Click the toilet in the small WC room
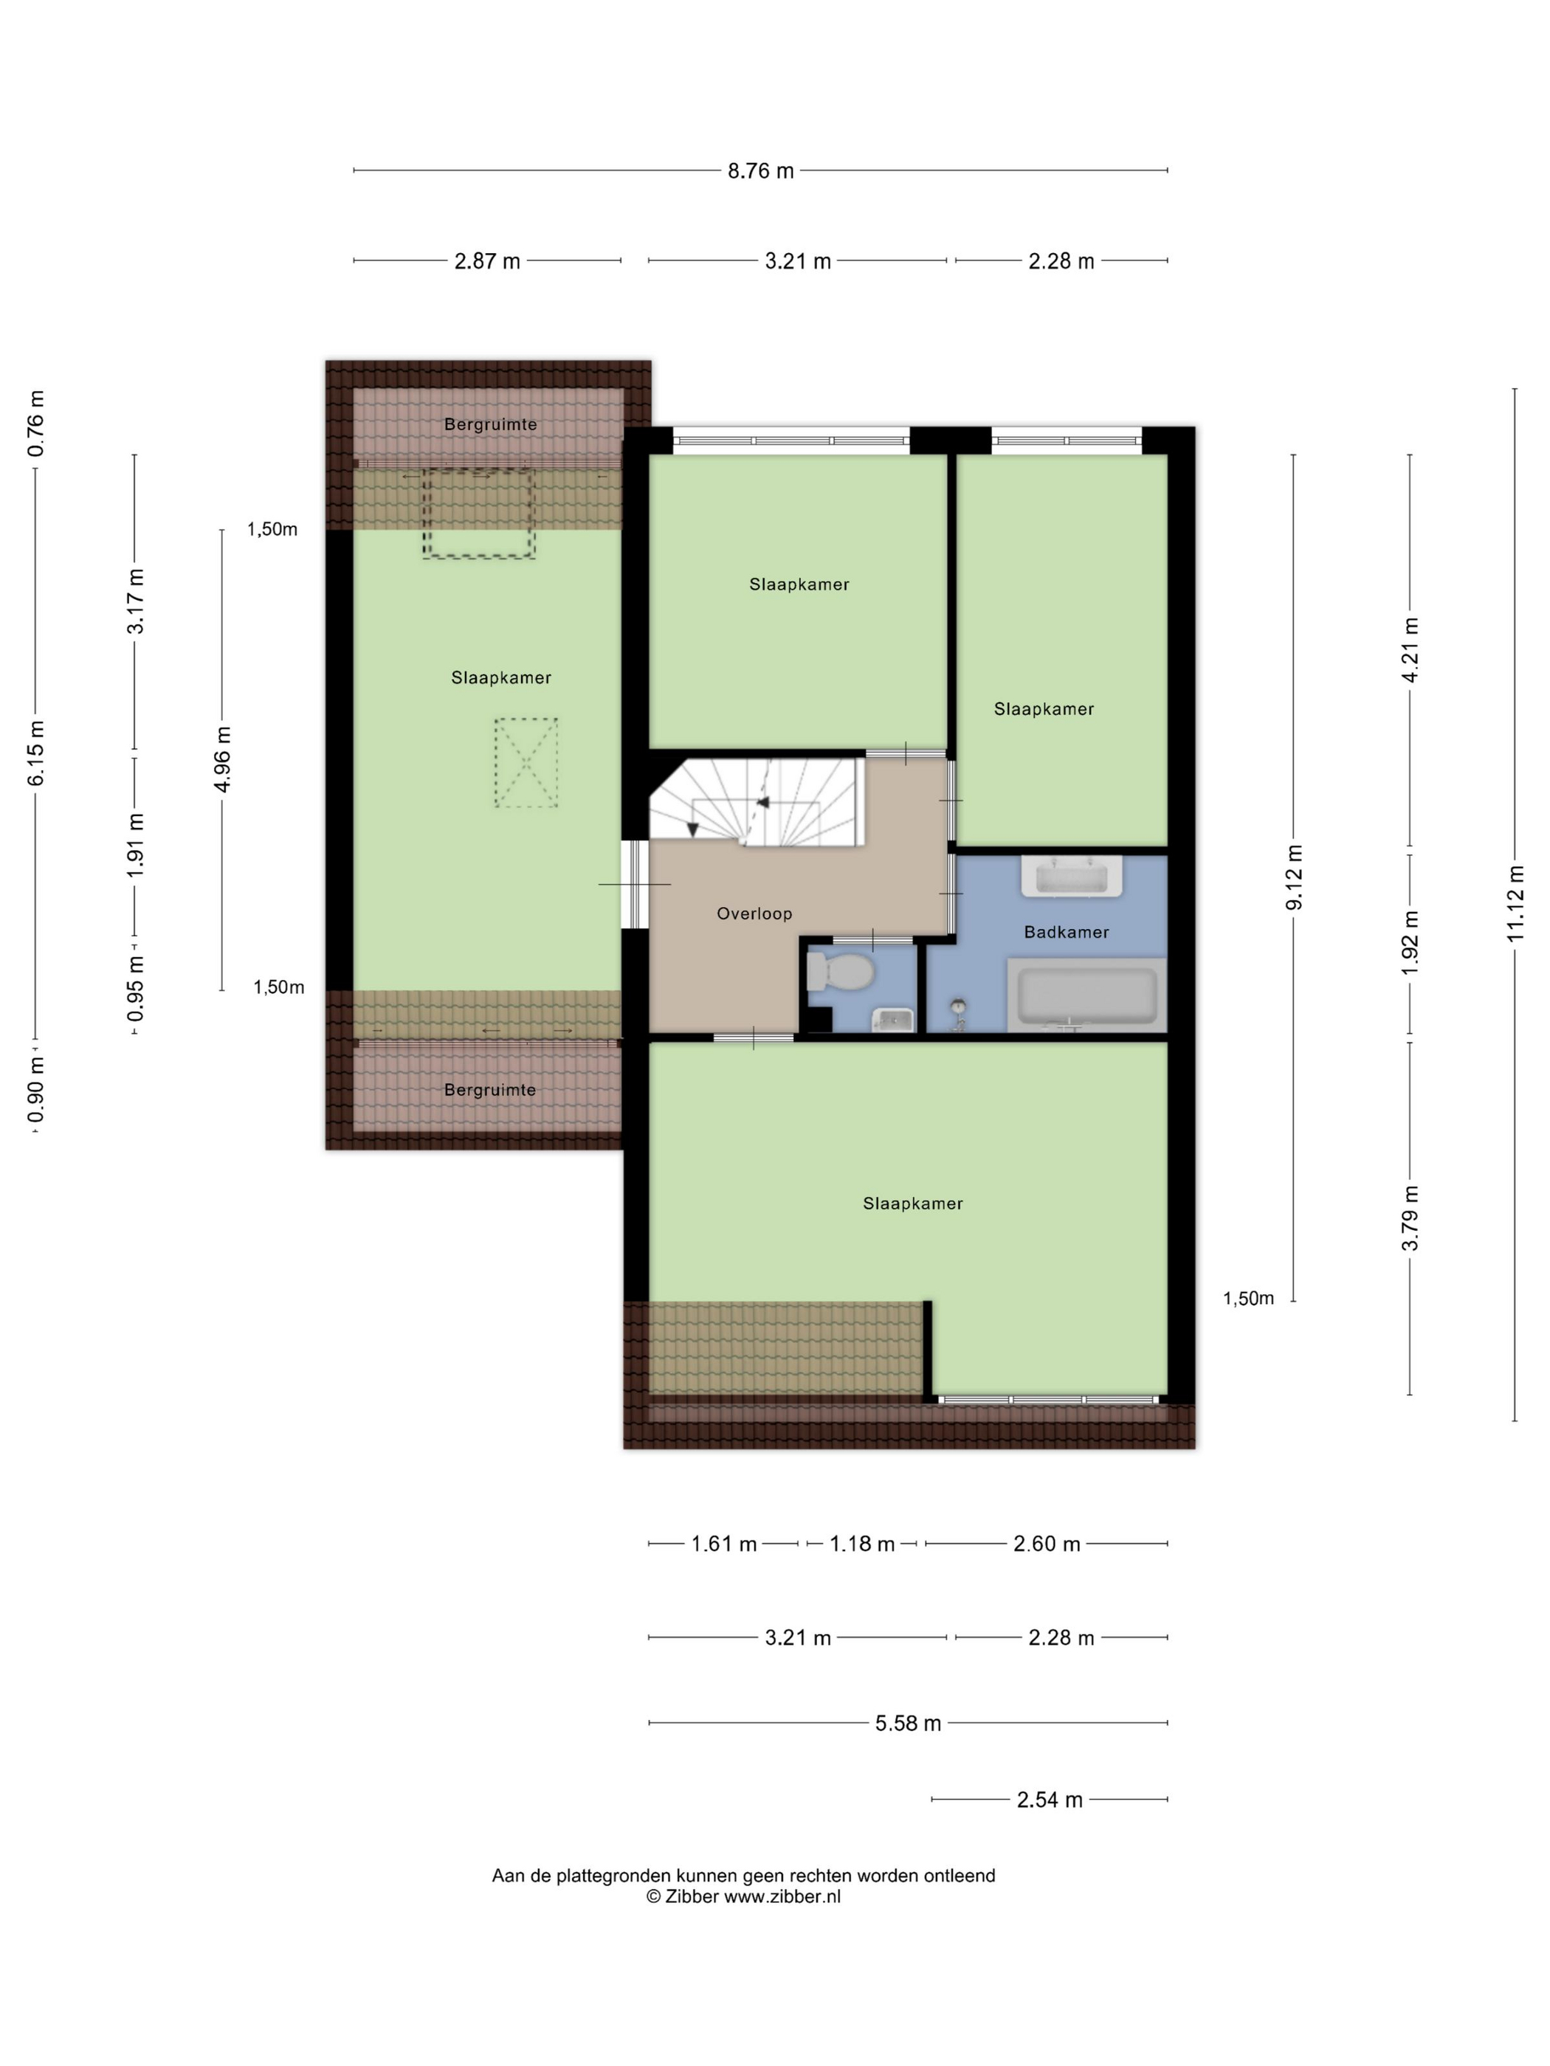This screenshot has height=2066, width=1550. click(x=839, y=971)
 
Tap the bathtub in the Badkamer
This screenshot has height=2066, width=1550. click(x=1086, y=995)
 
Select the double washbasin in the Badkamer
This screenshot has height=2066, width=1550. click(x=1072, y=876)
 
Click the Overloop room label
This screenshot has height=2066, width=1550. click(x=754, y=913)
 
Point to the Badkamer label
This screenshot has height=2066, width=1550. click(x=1066, y=931)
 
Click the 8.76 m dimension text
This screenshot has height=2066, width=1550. click(x=760, y=171)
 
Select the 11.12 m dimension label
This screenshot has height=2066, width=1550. click(x=1515, y=903)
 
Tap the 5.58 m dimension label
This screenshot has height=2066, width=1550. click(x=907, y=1723)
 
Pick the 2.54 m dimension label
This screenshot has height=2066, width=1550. click(x=1050, y=1800)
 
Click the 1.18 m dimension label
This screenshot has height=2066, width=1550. click(x=861, y=1544)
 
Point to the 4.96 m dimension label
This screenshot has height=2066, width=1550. click(x=222, y=759)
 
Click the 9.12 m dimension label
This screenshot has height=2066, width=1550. click(x=1294, y=877)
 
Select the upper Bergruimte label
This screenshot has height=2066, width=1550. click(x=491, y=424)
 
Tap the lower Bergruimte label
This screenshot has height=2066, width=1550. click(x=489, y=1090)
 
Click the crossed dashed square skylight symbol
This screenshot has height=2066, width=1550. click(x=526, y=762)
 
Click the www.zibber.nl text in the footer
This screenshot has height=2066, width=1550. click(x=782, y=1896)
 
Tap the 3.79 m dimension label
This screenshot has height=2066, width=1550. click(x=1410, y=1218)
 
